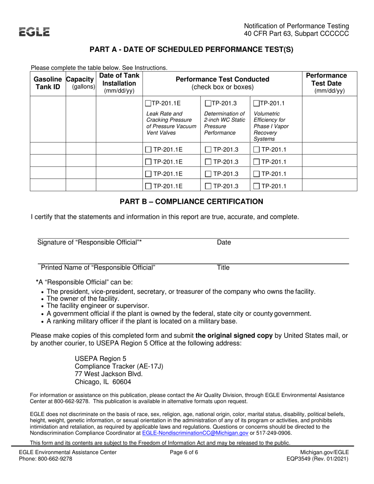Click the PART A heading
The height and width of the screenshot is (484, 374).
pos(191,50)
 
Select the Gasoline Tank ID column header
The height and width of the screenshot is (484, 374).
pos(48,83)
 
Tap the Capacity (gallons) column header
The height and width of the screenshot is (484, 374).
pos(81,83)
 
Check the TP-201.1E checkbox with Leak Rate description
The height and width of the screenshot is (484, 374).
pos(148,104)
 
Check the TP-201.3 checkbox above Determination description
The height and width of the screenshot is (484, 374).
pos(208,104)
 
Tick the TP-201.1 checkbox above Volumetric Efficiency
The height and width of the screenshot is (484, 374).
pos(257,104)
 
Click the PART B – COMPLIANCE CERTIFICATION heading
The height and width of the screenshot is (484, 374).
pos(191,202)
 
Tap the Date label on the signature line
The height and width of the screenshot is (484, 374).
pos(224,243)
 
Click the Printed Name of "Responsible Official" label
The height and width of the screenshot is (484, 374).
pos(98,268)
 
